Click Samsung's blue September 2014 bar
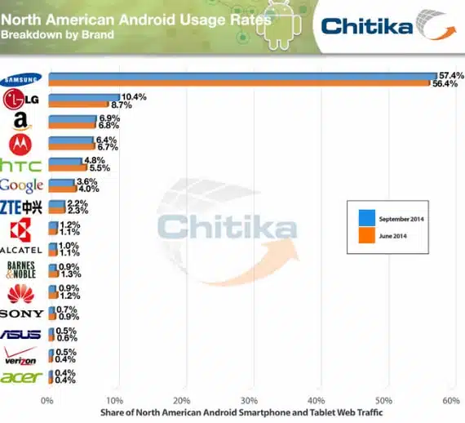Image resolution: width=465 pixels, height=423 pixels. pos(242,76)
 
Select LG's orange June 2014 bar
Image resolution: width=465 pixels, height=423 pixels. pos(78,105)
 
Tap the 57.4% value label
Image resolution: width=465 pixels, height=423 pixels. pos(451,76)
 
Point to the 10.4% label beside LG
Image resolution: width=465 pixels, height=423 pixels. pos(134,97)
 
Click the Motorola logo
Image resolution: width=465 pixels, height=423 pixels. pos(20,145)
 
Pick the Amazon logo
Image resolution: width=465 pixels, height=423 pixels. pos(21,122)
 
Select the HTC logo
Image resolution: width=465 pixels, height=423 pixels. pos(20,166)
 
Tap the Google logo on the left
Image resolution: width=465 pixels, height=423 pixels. pos(21,185)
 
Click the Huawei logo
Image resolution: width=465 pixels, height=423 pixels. pos(20,294)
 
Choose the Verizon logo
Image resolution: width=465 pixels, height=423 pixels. pos(20,356)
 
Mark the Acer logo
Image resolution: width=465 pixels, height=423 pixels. pos(20,377)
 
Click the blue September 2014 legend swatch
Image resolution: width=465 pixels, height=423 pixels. pos(367,218)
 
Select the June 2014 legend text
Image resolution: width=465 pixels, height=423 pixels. pos(392,236)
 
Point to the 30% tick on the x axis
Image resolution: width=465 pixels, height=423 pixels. pos(249,401)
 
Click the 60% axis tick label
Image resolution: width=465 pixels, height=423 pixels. pos(451,401)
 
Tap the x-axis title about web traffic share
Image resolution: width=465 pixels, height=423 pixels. pos(241,412)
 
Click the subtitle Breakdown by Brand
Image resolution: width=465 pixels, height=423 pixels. pos(57,35)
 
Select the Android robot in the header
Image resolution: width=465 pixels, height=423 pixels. pos(279,25)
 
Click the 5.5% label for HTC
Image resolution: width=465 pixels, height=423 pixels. pos(100,167)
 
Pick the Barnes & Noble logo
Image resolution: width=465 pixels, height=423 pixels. pos(20,269)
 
